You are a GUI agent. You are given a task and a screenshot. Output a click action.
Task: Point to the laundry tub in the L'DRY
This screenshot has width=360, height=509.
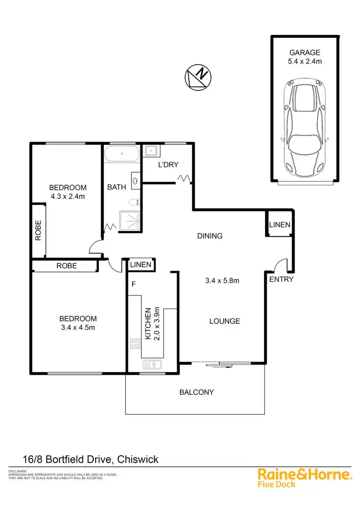152,151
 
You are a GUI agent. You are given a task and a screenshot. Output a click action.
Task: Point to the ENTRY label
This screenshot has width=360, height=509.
281,279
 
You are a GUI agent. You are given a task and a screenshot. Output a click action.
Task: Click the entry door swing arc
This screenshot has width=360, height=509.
279,265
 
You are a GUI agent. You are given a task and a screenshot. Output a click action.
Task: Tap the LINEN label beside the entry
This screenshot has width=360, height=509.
279,225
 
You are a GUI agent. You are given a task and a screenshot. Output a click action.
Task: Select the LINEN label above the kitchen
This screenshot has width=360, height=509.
141,265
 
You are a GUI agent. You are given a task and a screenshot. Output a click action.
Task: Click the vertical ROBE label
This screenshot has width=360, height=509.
38,230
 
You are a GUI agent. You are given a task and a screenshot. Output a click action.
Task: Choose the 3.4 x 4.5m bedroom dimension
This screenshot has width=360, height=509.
78,328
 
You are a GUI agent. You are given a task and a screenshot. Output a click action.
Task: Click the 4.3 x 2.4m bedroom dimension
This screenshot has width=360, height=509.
68,196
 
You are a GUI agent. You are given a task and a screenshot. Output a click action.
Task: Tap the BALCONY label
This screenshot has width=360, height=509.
196,392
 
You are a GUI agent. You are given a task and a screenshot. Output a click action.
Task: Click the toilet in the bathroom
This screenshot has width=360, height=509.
137,202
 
